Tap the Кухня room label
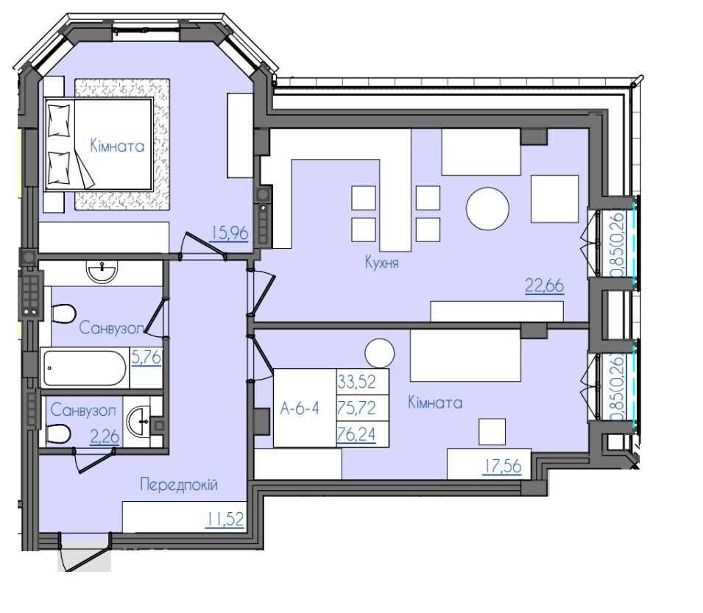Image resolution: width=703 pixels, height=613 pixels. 381,262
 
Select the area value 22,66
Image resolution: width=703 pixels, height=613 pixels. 544,286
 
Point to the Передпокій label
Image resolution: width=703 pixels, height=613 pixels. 178,484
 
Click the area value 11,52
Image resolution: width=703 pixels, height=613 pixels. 225,519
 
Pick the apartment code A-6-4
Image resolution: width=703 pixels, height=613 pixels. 300,408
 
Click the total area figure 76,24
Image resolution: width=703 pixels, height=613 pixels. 356,434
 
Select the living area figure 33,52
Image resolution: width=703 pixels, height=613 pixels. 356,382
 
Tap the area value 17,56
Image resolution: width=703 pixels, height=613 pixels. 502,466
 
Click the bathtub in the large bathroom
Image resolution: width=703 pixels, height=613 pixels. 85,368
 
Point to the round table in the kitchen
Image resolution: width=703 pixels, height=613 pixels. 487,209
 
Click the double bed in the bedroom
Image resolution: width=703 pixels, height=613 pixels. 99,144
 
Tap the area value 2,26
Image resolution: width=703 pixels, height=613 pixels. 105,436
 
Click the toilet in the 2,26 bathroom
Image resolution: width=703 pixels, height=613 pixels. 58,433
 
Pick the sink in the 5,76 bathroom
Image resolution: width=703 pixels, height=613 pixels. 102,272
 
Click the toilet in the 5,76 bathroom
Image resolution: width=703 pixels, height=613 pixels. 63,313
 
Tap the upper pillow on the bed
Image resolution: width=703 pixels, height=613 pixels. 59,120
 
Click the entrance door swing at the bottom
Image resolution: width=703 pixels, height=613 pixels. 85,552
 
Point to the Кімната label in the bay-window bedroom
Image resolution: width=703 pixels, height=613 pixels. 117,146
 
